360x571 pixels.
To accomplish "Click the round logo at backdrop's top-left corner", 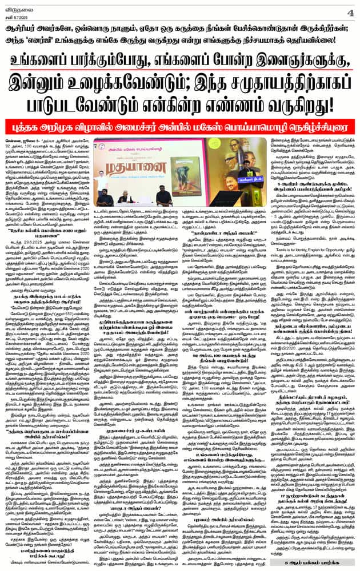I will [98, 143].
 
